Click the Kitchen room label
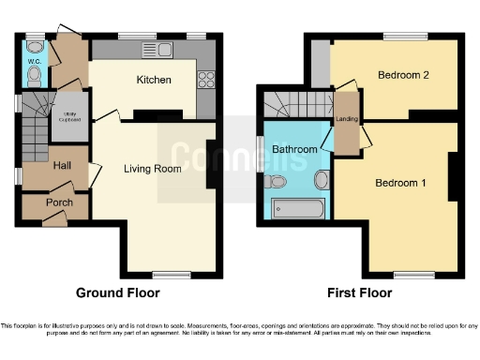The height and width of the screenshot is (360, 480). coord(154,80)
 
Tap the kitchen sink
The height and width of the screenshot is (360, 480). coord(152,51)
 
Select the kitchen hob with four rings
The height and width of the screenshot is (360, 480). coord(206,80)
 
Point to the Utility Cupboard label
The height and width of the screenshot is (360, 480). coord(67,115)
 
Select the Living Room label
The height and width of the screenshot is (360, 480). coord(153,170)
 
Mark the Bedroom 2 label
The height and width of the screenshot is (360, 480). coord(403,75)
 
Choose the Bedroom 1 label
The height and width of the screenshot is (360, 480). coord(400,183)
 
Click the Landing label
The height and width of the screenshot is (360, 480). coord(346,118)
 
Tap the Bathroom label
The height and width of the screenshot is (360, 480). coord(294,149)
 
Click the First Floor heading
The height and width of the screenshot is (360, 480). coord(358,292)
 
